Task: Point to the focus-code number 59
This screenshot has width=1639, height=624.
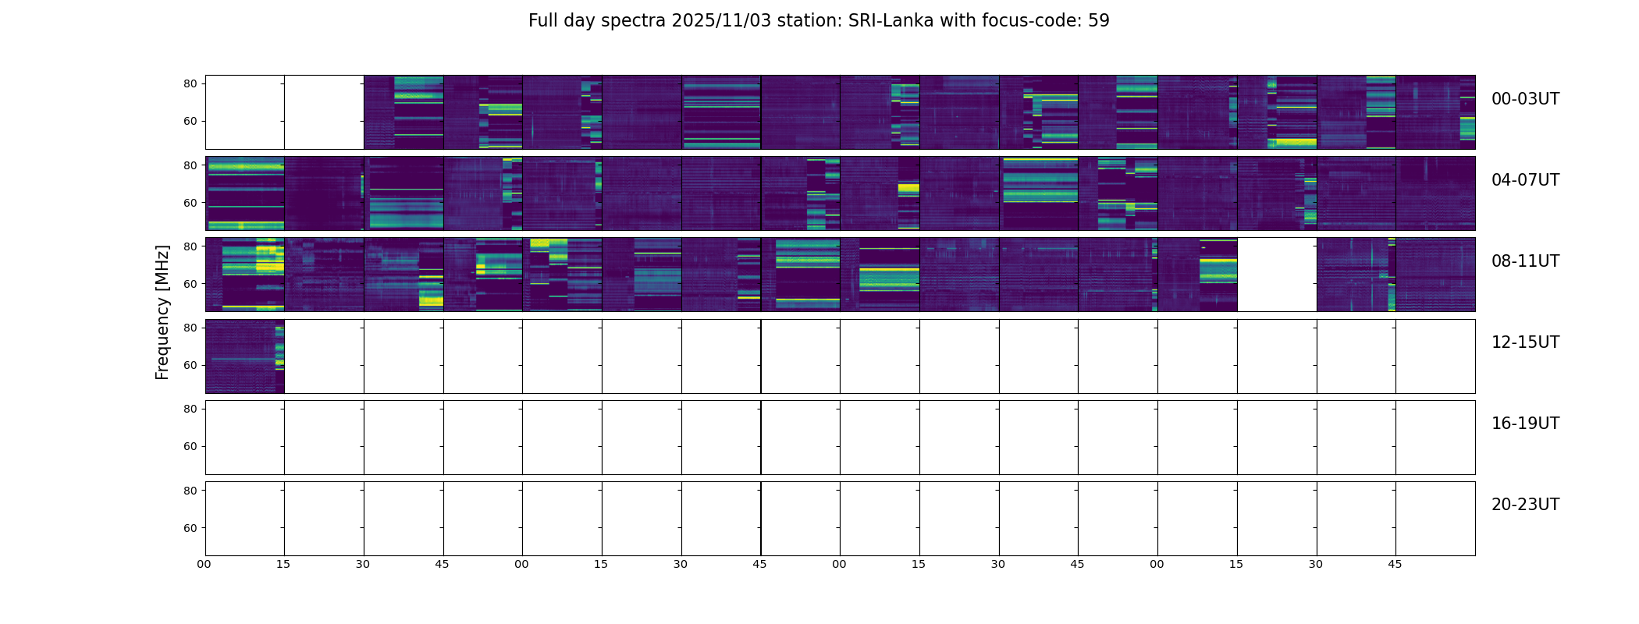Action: coord(1098,21)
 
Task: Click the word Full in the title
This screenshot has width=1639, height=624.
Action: coord(543,21)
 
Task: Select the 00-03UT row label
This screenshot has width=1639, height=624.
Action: coord(1525,99)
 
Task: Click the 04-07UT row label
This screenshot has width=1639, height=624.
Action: coord(1525,180)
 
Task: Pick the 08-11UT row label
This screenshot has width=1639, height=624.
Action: coord(1525,261)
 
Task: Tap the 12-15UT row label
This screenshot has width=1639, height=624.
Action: coord(1525,342)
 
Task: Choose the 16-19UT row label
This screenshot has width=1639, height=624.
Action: coord(1525,424)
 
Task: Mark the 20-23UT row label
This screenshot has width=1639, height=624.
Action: coord(1525,505)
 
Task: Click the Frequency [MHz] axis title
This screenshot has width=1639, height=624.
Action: coord(162,312)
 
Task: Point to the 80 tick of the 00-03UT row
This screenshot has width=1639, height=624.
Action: coord(190,83)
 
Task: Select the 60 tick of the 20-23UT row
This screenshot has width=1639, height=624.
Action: coord(190,528)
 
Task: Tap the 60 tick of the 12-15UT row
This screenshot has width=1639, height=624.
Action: coord(190,365)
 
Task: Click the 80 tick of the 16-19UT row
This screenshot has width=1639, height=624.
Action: coord(190,409)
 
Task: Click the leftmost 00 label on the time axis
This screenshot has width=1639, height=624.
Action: coord(204,564)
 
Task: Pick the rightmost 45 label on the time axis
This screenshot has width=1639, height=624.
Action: coord(1395,564)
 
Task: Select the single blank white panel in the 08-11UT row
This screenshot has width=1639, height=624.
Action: coord(1277,275)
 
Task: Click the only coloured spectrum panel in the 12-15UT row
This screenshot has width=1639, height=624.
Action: coord(245,356)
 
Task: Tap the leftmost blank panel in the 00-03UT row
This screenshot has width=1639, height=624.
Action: coord(245,112)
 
